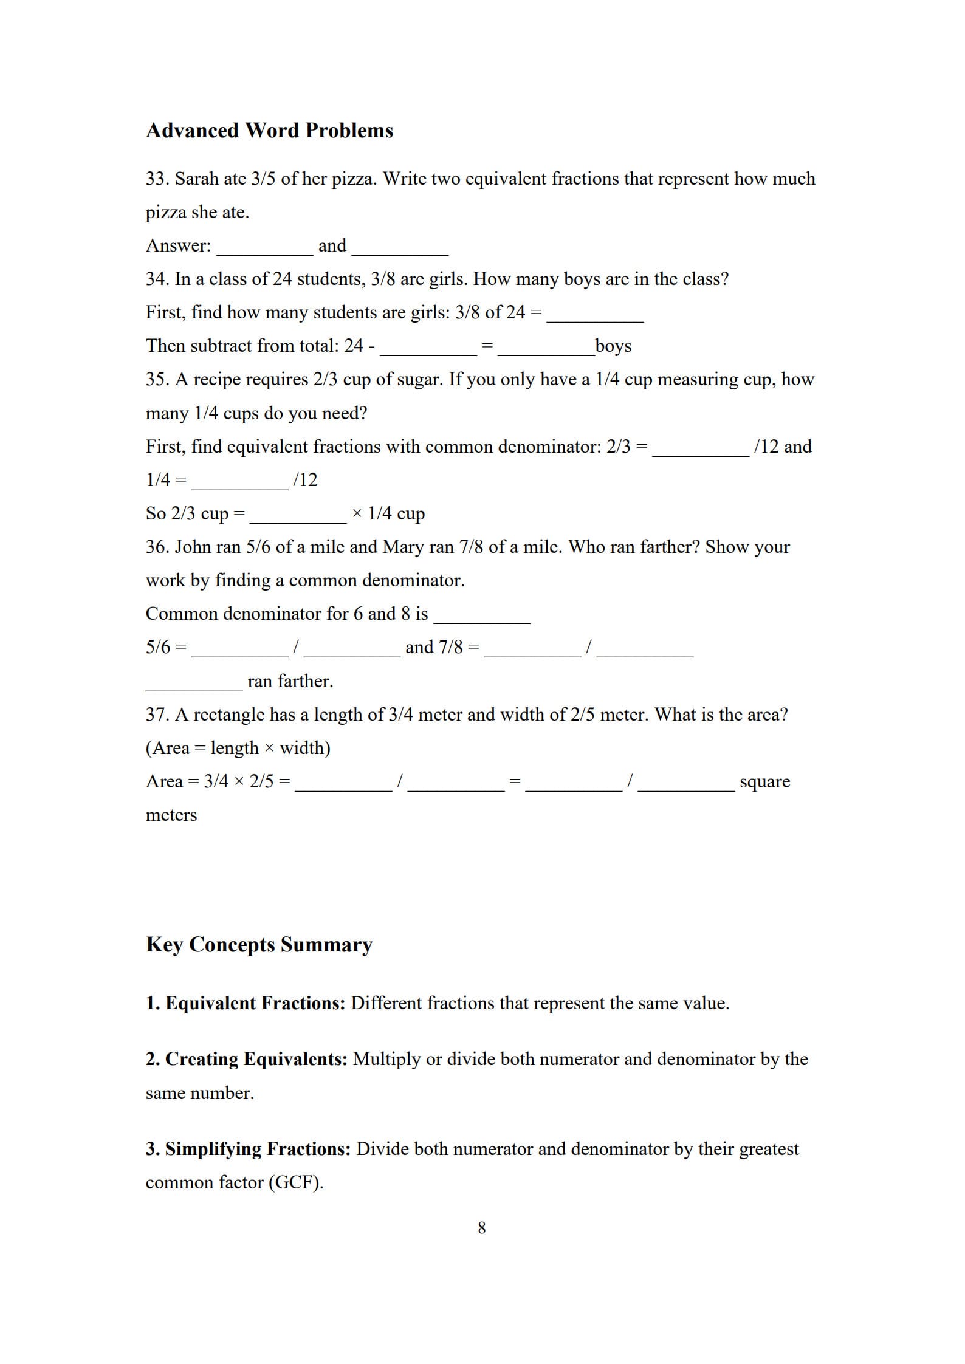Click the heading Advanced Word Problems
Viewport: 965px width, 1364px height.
[269, 131]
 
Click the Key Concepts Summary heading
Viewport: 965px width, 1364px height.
[259, 945]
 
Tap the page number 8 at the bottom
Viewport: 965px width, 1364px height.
[482, 1228]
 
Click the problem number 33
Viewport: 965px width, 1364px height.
[157, 179]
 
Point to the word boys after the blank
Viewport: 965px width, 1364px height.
[613, 346]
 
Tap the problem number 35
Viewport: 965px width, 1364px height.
[157, 379]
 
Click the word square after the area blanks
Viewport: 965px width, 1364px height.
[764, 781]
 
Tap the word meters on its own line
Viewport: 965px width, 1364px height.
[171, 815]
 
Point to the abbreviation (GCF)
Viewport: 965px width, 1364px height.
[295, 1182]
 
